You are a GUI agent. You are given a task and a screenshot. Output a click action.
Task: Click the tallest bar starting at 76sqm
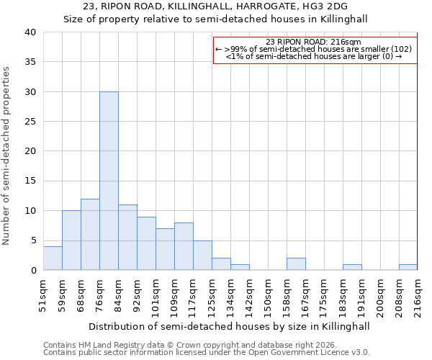[109, 181]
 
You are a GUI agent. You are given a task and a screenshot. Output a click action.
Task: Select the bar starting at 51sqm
[53, 258]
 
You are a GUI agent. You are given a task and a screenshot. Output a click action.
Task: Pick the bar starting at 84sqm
[127, 237]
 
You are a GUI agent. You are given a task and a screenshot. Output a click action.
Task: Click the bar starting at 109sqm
[184, 246]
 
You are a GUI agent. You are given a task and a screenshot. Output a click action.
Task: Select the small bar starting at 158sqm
[296, 264]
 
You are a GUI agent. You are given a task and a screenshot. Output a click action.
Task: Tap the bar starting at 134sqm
[240, 267]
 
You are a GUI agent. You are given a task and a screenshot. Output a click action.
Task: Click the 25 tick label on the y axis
[30, 122]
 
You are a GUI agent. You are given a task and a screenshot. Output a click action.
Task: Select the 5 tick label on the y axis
[32, 240]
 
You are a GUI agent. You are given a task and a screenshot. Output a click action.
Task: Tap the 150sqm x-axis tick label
[268, 295]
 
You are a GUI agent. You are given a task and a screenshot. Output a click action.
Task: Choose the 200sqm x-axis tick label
[380, 295]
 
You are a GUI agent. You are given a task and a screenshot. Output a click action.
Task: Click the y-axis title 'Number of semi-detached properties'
[7, 156]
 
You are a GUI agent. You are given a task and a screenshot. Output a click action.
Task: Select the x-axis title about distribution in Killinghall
[230, 326]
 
